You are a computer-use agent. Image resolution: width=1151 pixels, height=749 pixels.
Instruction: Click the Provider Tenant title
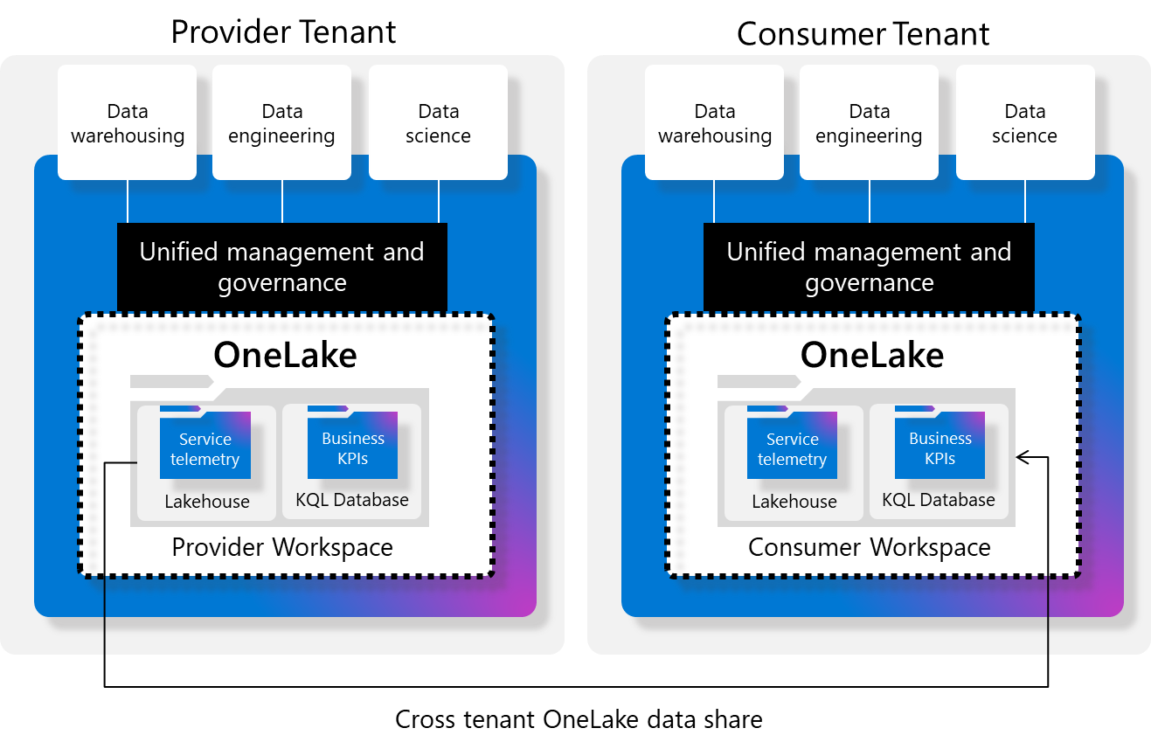click(x=283, y=31)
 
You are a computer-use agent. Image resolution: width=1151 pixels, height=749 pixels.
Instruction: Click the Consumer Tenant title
click(x=863, y=34)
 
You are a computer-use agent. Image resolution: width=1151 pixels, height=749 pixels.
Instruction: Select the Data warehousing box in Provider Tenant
click(x=128, y=123)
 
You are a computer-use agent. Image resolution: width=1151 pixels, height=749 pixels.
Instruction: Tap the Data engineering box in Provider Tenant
click(x=282, y=123)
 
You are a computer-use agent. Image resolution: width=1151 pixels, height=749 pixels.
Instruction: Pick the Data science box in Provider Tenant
click(x=438, y=123)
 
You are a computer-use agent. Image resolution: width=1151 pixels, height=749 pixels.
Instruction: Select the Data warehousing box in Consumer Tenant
click(x=715, y=123)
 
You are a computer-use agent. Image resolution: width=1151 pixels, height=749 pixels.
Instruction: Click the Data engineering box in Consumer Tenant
click(x=869, y=123)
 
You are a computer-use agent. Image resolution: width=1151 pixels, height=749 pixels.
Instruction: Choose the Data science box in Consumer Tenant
click(x=1025, y=123)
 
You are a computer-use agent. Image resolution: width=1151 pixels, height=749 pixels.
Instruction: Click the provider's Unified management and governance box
click(x=282, y=267)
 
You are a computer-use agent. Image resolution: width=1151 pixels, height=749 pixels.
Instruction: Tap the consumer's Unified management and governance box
click(x=869, y=267)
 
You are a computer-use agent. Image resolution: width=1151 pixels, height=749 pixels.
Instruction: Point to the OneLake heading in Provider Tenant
click(x=285, y=355)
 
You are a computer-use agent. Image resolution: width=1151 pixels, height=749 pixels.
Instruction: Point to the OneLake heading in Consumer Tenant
click(x=872, y=355)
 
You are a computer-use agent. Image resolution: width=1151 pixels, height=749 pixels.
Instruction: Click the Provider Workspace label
click(x=282, y=548)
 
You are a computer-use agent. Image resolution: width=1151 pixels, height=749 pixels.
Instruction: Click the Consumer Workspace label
click(x=870, y=548)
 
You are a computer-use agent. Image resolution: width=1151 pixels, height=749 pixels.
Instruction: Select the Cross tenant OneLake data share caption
click(x=579, y=719)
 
